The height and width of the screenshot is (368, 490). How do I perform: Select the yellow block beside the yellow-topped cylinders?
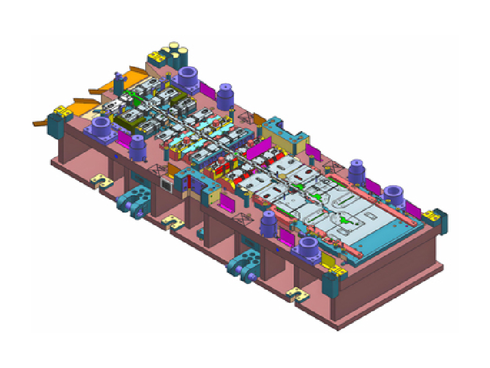tap(154, 59)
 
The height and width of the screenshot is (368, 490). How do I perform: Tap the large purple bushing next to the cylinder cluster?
tap(188, 79)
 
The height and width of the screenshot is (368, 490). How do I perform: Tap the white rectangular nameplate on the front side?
tap(164, 182)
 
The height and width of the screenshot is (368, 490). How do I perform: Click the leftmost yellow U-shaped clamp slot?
tap(99, 181)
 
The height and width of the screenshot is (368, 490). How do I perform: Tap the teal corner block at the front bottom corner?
tap(331, 281)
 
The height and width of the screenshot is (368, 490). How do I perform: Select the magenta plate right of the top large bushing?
tap(206, 90)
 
